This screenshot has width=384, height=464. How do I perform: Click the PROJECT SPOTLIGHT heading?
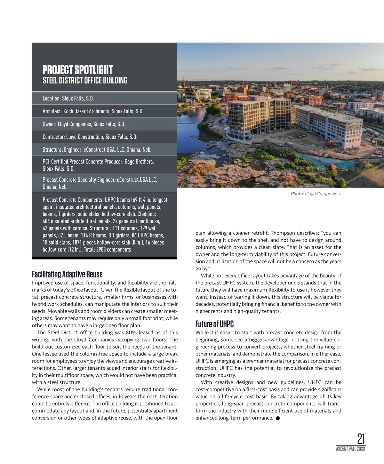pyautogui.click(x=77, y=70)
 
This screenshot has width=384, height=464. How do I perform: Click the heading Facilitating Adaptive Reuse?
pyautogui.click(x=67, y=274)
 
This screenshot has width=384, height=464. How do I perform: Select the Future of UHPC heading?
pyautogui.click(x=214, y=324)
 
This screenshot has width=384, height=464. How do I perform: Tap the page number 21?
pyautogui.click(x=361, y=439)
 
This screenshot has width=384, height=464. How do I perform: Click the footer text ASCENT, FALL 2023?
pyautogui.click(x=350, y=449)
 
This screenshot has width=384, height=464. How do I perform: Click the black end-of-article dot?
pyautogui.click(x=278, y=418)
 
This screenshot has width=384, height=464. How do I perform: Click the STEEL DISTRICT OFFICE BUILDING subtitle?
pyautogui.click(x=85, y=80)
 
